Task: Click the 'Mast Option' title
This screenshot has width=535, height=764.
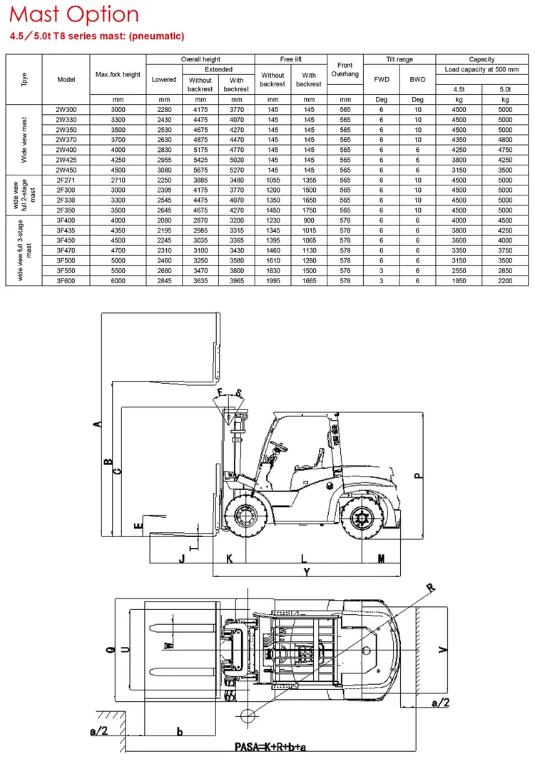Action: click(74, 14)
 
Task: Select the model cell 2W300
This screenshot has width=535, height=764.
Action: click(66, 110)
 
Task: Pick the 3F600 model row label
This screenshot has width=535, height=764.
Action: click(66, 280)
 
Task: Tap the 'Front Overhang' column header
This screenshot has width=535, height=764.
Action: click(345, 69)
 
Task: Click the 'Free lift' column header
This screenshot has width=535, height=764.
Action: click(291, 59)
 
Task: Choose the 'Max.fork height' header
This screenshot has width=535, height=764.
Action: click(118, 75)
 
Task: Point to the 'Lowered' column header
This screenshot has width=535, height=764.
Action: click(164, 79)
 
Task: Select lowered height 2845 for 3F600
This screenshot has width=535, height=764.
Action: click(164, 280)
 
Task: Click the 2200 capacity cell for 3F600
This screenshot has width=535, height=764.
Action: click(505, 280)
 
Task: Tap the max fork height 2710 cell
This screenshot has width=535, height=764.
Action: click(118, 180)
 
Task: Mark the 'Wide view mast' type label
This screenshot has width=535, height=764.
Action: click(24, 140)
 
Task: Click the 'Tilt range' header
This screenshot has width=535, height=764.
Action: click(399, 59)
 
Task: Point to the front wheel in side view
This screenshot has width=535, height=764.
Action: click(245, 516)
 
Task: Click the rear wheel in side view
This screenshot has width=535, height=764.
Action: click(362, 517)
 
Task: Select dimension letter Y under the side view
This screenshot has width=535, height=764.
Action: click(307, 571)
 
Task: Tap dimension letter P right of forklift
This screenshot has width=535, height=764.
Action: click(418, 476)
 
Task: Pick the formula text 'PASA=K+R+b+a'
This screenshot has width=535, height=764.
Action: click(270, 747)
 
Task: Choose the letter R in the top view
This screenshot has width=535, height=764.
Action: click(431, 588)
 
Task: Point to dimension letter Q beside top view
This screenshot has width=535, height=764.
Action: click(111, 649)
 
